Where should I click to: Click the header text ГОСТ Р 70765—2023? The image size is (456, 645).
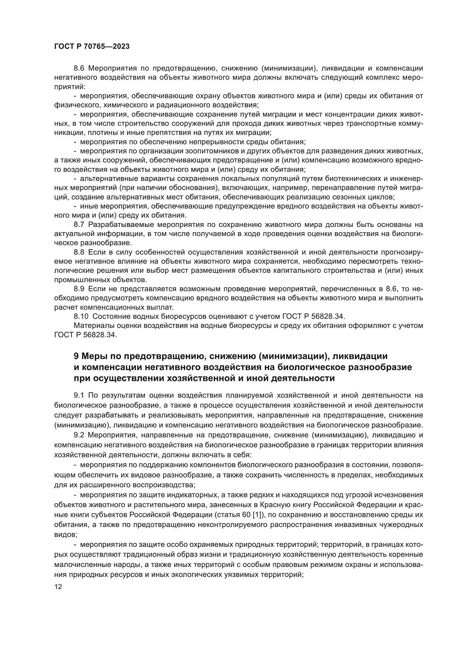coord(92,47)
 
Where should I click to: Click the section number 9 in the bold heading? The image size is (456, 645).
coord(76,356)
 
